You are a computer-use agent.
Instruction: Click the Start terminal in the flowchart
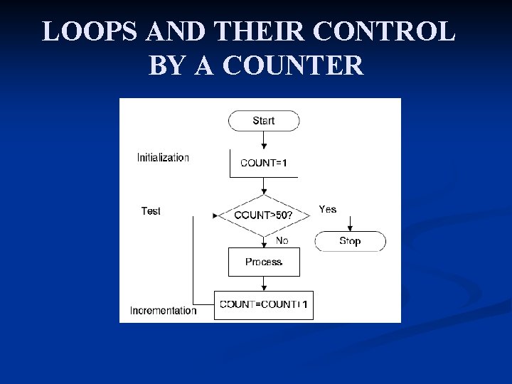point(263,121)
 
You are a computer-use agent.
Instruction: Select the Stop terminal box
point(350,241)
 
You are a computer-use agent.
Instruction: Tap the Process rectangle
point(264,262)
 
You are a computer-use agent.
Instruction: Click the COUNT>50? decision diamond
point(264,214)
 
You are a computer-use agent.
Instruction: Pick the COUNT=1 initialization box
point(264,163)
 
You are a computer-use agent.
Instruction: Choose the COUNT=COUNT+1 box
point(264,304)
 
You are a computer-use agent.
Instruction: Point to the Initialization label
point(163,158)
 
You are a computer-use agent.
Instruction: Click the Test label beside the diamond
point(151,211)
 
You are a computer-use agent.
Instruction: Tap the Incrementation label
point(163,311)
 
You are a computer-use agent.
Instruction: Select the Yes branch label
point(328,209)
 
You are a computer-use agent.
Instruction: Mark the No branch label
point(282,240)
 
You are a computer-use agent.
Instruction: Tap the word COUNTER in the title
point(292,66)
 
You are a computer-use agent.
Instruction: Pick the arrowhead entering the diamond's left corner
point(215,215)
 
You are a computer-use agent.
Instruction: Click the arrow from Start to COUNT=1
point(264,140)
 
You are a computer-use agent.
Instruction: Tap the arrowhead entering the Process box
point(264,245)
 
